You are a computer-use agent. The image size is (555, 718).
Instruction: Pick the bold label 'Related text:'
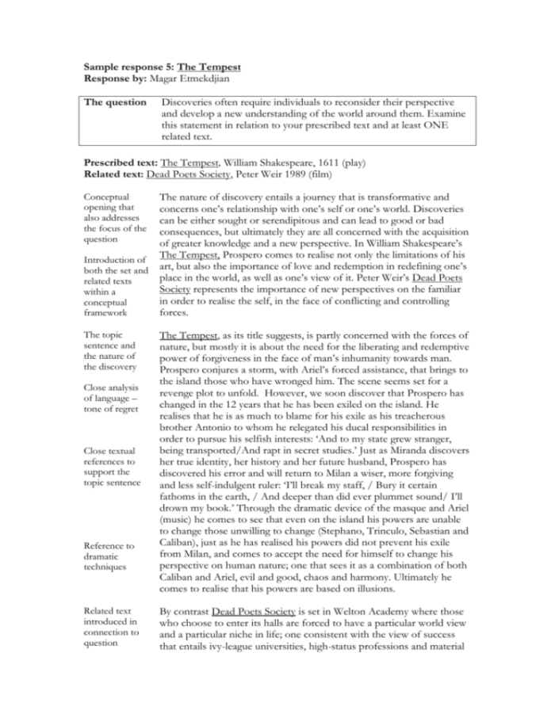[116, 170]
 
